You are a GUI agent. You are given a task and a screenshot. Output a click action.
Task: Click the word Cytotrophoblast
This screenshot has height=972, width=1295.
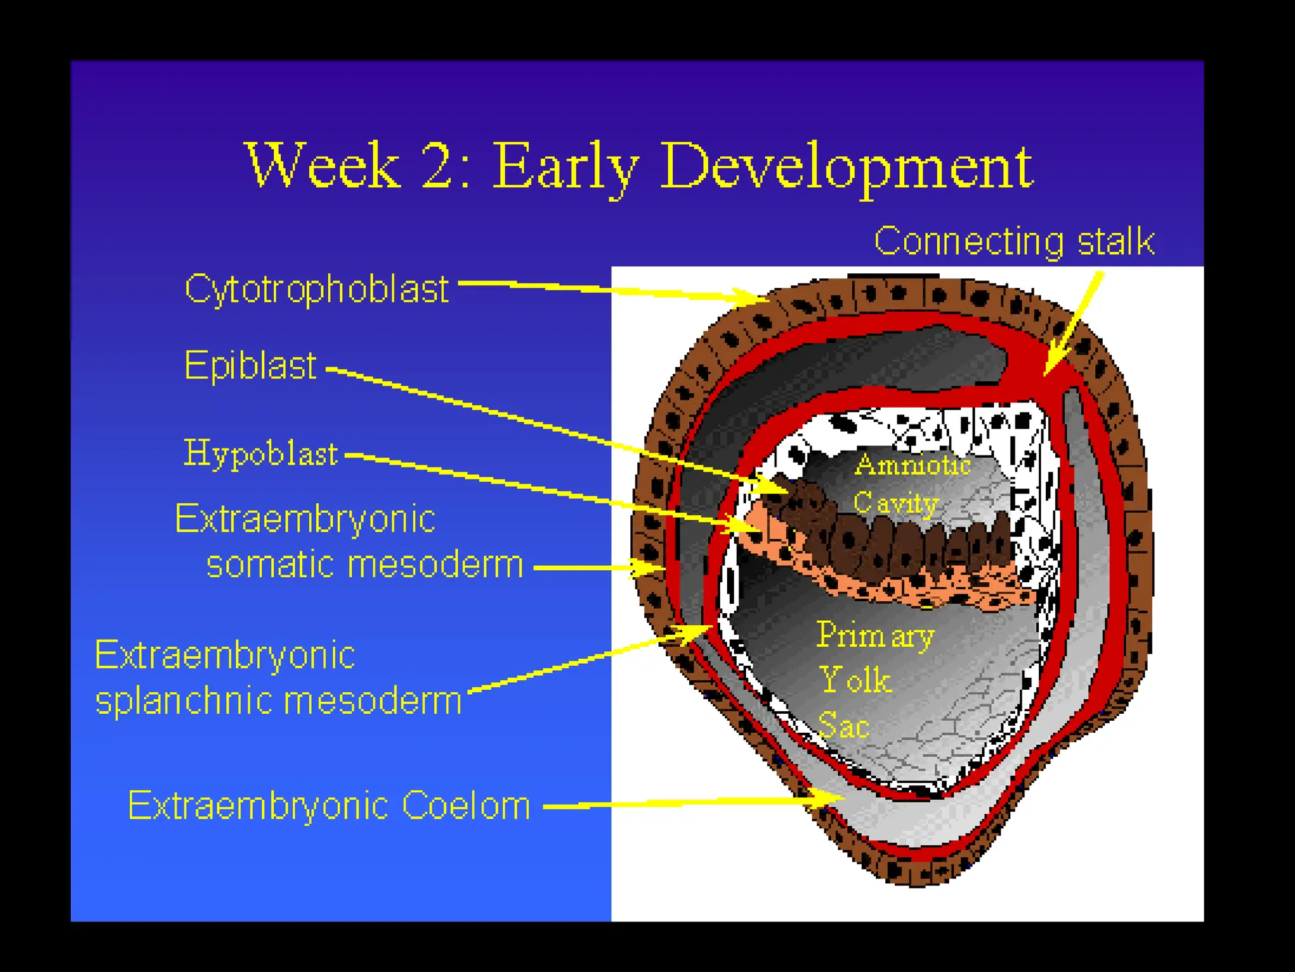pos(316,290)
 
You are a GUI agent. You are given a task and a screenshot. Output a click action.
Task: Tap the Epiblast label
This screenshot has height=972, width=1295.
pos(250,365)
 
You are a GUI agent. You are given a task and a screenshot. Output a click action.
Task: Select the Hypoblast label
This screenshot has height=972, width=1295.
pos(261,454)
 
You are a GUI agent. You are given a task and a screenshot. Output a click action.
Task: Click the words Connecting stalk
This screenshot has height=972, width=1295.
pos(1014,241)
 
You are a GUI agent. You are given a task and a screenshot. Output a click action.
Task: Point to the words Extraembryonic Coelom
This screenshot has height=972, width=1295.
pos(329,806)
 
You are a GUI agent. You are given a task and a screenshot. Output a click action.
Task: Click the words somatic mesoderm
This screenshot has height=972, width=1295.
pos(365,564)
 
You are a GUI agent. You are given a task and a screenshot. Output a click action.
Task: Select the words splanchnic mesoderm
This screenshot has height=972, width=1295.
pos(278,701)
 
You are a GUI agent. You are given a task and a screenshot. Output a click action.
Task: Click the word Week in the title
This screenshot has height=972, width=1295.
pos(322,166)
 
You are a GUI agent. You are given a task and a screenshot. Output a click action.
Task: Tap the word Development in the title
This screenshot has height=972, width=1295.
pos(847,166)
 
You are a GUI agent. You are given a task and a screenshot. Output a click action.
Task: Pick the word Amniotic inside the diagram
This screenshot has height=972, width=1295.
pos(912,465)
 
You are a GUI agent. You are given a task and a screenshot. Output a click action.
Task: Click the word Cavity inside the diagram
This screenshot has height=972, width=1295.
pos(895,504)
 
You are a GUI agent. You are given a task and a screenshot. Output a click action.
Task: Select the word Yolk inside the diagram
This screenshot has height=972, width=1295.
pos(855,680)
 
